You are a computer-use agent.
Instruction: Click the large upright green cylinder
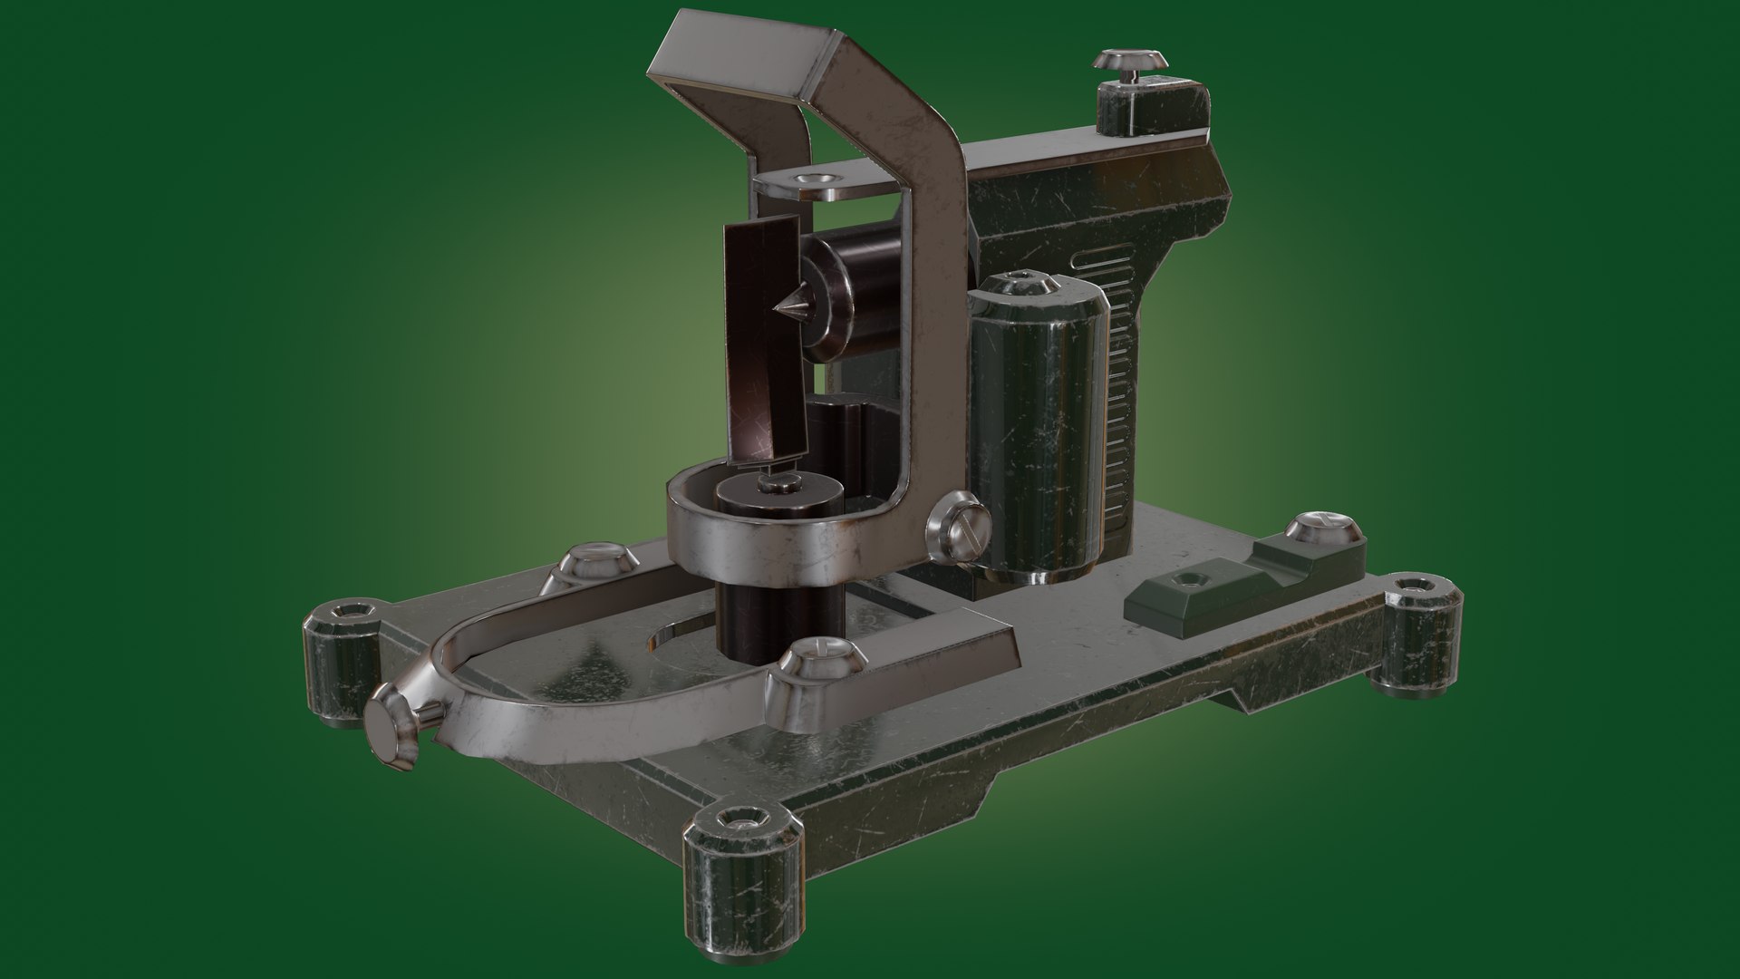(1039, 426)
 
